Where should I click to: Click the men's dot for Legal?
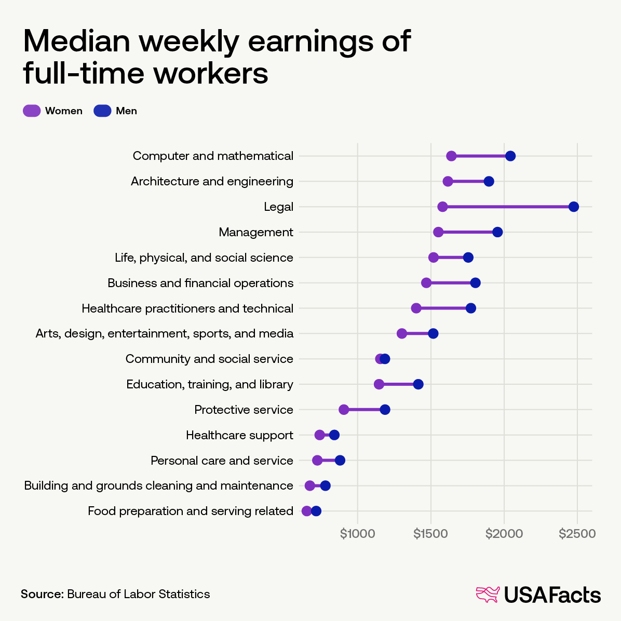click(x=573, y=207)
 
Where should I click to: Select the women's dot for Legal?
click(x=442, y=207)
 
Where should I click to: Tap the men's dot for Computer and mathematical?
click(x=510, y=156)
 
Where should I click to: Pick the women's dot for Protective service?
click(x=344, y=410)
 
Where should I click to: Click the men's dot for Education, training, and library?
click(x=418, y=384)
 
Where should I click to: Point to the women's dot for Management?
click(x=438, y=232)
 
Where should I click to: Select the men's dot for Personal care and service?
click(x=340, y=461)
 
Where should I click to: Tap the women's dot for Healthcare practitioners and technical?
click(x=416, y=308)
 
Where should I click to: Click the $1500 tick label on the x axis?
click(x=431, y=534)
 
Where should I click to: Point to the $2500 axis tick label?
click(x=577, y=534)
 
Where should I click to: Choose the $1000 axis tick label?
click(x=357, y=534)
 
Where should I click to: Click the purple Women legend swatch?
click(x=32, y=111)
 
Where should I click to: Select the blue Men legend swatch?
click(x=102, y=111)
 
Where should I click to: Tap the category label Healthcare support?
click(x=239, y=435)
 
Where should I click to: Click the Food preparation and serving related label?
click(x=191, y=511)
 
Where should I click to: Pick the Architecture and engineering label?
click(x=212, y=181)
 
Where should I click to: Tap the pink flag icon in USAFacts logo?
click(x=488, y=595)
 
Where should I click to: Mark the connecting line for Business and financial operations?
click(x=451, y=283)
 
